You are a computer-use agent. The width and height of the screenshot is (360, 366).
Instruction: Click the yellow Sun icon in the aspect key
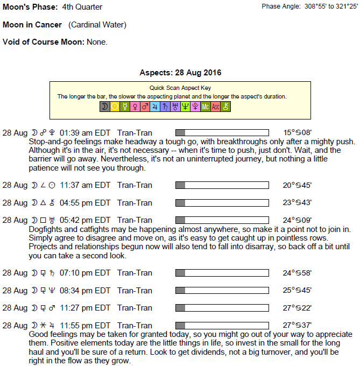[x=115, y=107]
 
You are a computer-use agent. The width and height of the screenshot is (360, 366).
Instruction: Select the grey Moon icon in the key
[x=104, y=107]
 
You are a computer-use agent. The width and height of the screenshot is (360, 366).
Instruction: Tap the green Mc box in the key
[x=206, y=107]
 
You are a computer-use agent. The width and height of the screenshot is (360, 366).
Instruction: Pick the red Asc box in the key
[x=216, y=107]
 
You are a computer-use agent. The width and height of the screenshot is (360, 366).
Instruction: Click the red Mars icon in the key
[x=145, y=107]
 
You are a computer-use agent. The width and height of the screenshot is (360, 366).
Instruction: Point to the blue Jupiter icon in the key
[x=155, y=107]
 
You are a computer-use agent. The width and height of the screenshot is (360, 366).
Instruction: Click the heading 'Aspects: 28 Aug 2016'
[x=180, y=73]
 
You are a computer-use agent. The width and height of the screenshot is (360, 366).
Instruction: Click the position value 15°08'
[x=297, y=133]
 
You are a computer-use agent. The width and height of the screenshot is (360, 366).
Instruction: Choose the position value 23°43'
[x=297, y=203]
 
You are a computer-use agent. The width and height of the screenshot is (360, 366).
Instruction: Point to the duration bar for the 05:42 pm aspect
[x=222, y=220]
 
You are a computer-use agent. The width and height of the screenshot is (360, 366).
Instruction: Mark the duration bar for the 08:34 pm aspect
[x=222, y=291]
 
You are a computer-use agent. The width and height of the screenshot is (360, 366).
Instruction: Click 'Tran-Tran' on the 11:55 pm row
[x=135, y=326]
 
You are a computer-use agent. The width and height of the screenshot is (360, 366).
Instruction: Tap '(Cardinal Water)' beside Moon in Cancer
[x=97, y=25]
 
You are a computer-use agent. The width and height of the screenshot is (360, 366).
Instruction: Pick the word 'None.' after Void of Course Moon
[x=97, y=42]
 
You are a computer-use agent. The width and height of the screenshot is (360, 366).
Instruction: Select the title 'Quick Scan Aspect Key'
[x=180, y=88]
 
